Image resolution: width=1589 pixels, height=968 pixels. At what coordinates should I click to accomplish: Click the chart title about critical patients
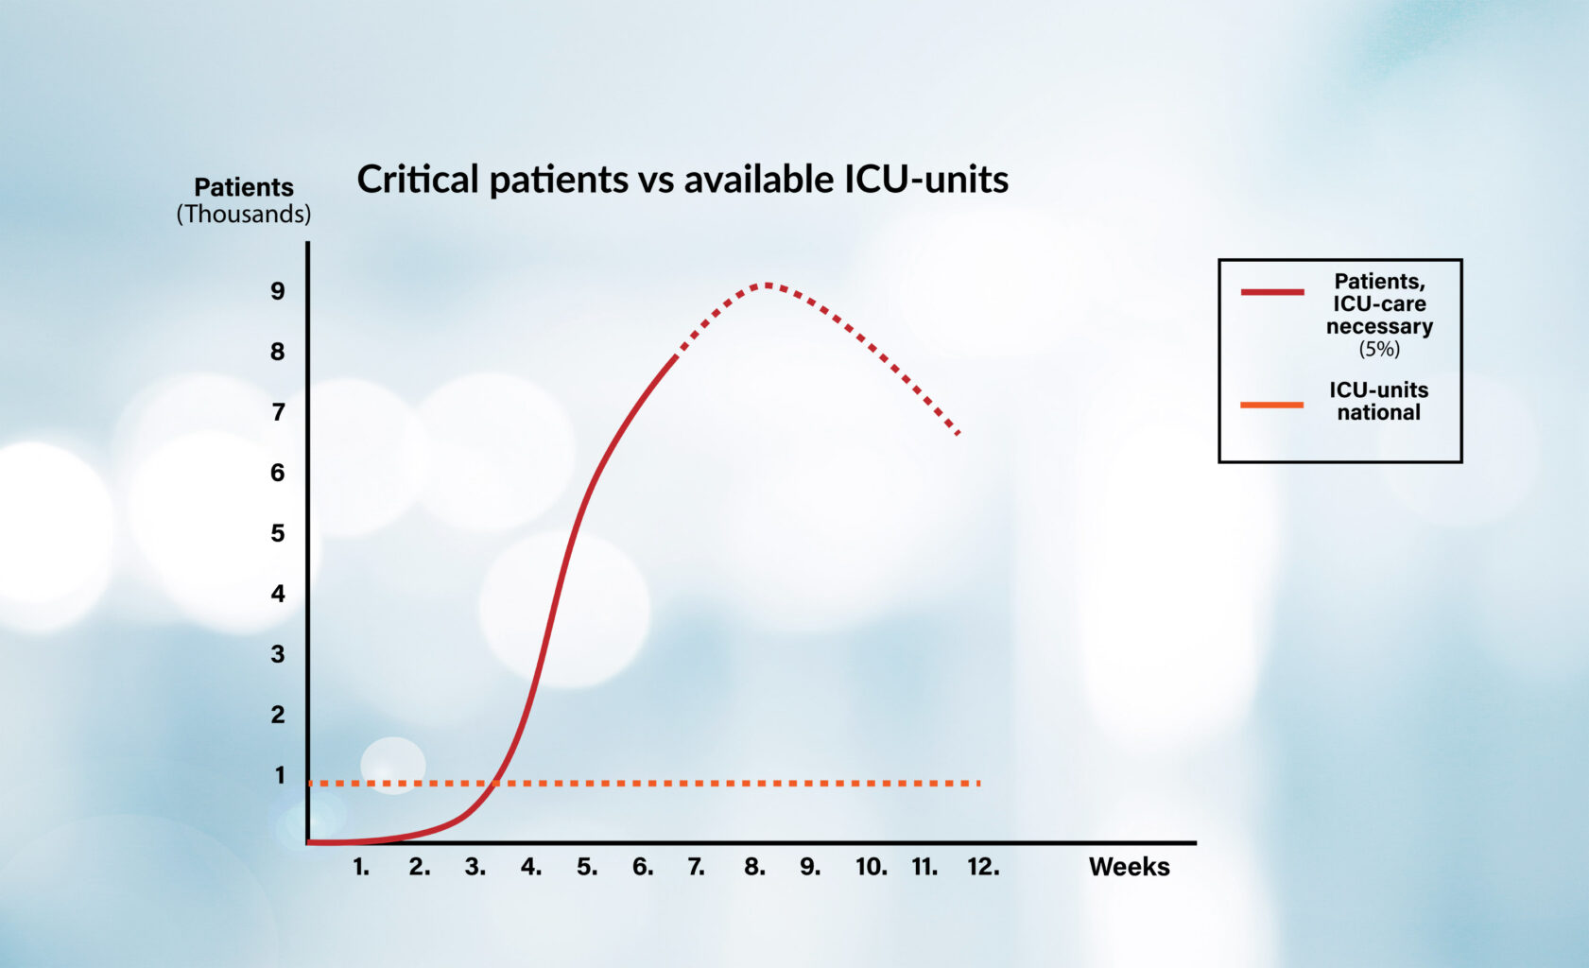(x=682, y=180)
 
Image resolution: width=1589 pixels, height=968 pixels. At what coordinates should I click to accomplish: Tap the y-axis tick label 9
(x=277, y=291)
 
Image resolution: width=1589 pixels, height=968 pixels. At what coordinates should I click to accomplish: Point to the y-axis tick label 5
(x=277, y=533)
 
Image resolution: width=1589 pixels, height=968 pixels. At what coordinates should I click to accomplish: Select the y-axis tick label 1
(x=280, y=775)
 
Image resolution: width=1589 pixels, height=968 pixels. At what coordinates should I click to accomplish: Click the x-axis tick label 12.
(x=983, y=867)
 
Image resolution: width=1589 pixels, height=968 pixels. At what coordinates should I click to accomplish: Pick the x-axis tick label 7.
(x=696, y=867)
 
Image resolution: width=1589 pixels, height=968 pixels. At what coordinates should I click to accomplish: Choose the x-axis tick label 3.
(x=475, y=867)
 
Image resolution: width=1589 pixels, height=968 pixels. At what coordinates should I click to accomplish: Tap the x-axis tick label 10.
(x=872, y=867)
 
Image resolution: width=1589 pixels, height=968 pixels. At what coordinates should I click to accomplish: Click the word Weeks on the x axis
(x=1130, y=867)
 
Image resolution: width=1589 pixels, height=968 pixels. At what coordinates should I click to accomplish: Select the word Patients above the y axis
(x=244, y=187)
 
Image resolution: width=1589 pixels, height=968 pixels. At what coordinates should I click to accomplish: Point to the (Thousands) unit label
(x=244, y=215)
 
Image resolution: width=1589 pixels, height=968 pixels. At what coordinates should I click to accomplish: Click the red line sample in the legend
(x=1272, y=292)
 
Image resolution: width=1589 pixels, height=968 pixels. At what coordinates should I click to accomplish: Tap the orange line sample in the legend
(x=1272, y=405)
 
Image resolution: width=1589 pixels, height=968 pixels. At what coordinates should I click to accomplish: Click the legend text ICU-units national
(x=1378, y=401)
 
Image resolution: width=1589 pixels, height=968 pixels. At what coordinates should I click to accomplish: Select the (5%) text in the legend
(x=1379, y=349)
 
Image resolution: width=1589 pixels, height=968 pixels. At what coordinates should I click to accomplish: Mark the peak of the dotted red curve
(x=767, y=285)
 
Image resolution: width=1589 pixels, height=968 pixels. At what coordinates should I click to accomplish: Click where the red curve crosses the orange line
(x=494, y=783)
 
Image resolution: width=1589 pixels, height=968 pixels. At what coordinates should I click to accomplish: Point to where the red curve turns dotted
(x=675, y=356)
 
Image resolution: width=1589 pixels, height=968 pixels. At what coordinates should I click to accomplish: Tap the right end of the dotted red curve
(x=959, y=433)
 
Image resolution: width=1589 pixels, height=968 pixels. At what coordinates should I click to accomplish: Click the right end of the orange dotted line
(x=979, y=783)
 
